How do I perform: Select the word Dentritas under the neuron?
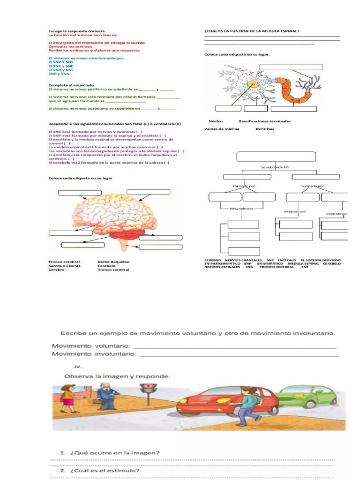(x=265, y=128)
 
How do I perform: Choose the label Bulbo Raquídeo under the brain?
(x=113, y=262)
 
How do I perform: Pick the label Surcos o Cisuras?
(x=64, y=266)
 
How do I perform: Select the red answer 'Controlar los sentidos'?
(x=66, y=46)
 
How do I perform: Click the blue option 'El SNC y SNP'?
(x=61, y=66)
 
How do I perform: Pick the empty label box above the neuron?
(x=291, y=67)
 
